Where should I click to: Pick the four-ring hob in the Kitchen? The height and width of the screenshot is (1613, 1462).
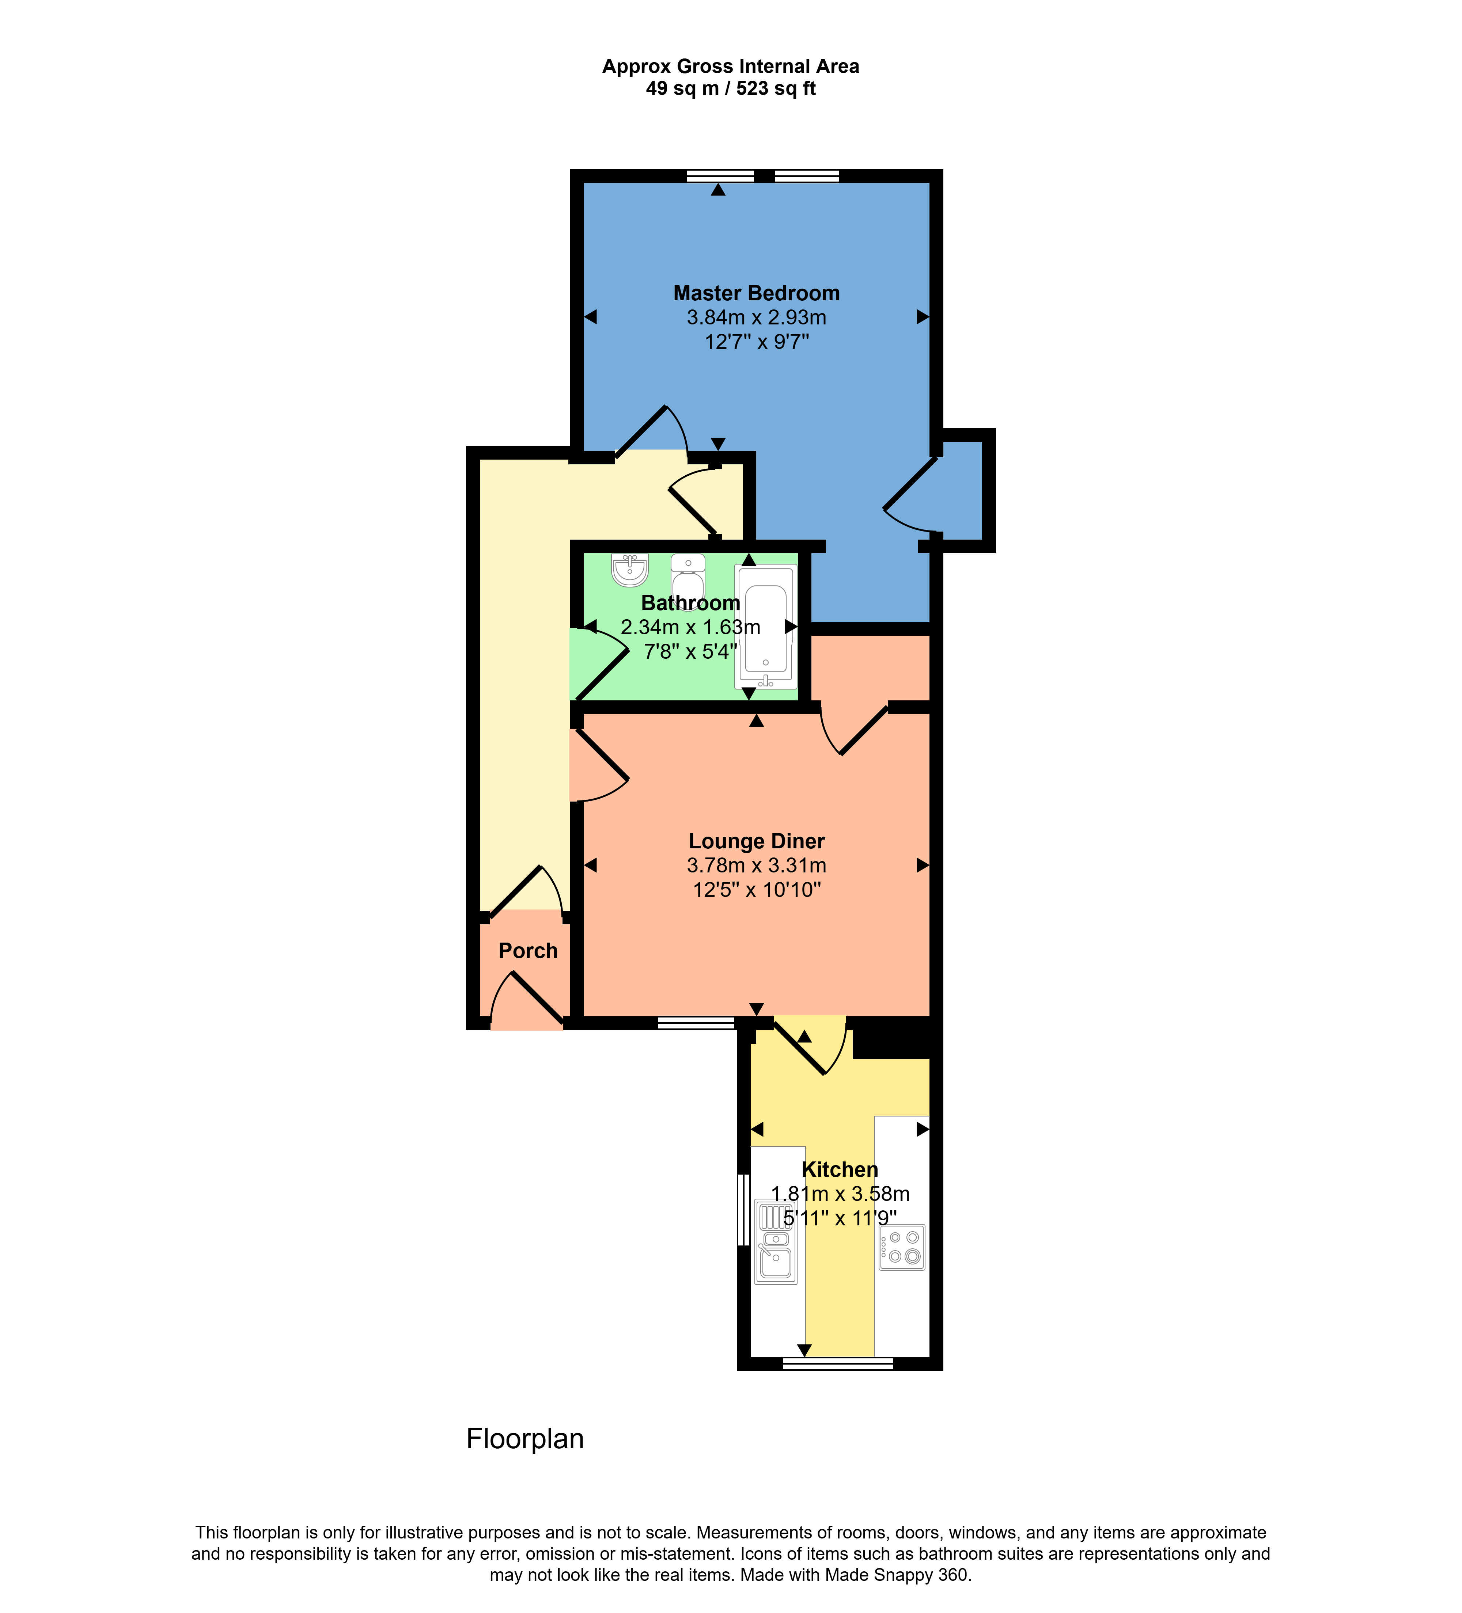point(902,1247)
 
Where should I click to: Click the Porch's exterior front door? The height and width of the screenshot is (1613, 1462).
point(528,1000)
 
